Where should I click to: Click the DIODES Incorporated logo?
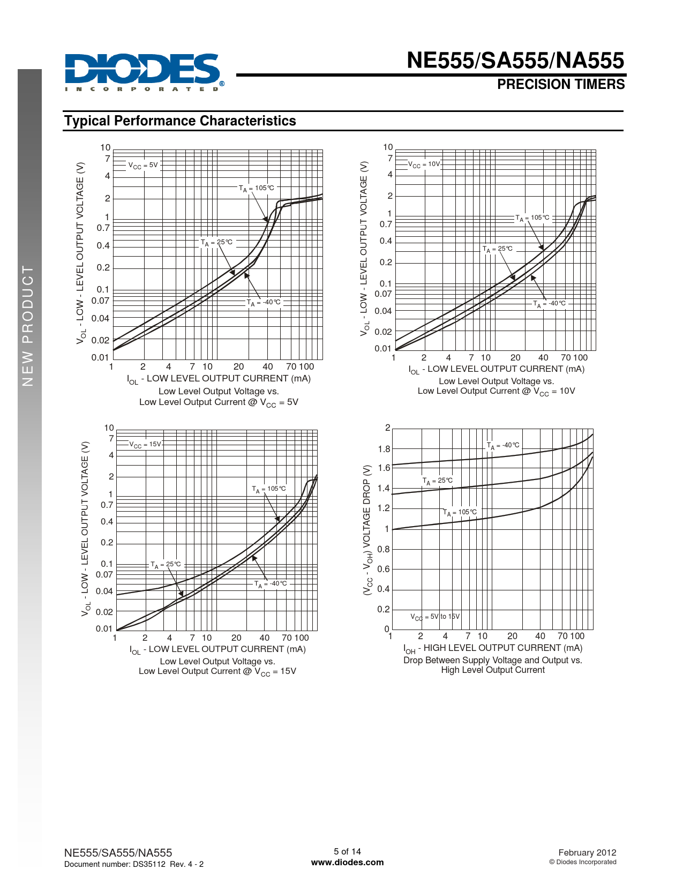click(142, 72)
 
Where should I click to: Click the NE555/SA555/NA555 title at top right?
click(515, 61)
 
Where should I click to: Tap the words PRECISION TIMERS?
click(560, 85)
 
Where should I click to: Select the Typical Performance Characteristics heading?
click(180, 121)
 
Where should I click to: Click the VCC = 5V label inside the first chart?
click(143, 166)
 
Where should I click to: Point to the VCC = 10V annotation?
click(424, 164)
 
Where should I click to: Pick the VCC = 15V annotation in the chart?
click(145, 445)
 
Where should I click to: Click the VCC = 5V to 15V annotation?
click(435, 617)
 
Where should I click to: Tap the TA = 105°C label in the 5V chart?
click(256, 189)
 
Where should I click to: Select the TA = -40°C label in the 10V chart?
click(549, 304)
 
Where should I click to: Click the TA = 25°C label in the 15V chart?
click(166, 565)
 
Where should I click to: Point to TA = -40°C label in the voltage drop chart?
click(503, 446)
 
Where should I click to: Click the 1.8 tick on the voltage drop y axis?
click(384, 449)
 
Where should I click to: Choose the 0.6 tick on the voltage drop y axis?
click(384, 569)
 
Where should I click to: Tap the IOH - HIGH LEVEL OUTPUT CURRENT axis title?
click(492, 648)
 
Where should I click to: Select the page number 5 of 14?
click(347, 851)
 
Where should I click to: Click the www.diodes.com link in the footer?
click(347, 863)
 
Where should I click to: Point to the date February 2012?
click(587, 852)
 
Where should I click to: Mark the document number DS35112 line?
click(133, 864)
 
